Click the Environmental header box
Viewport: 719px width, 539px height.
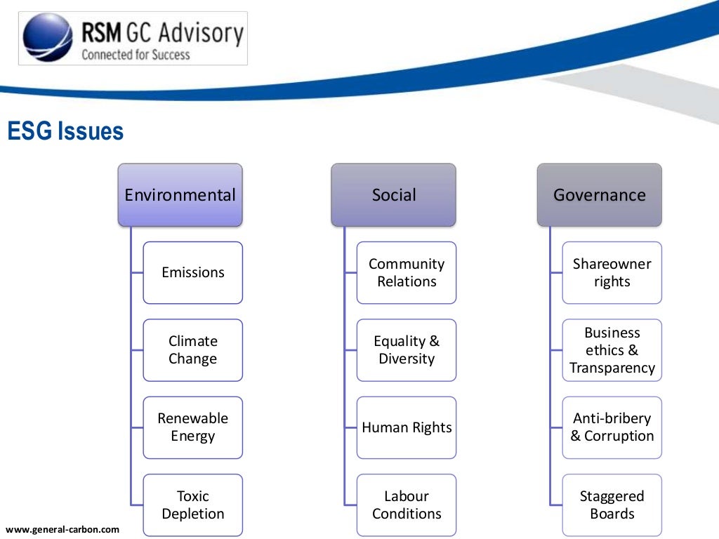(x=180, y=195)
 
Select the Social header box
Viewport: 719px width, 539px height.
(x=393, y=195)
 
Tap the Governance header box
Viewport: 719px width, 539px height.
(x=599, y=195)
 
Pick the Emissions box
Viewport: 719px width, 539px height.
(x=193, y=272)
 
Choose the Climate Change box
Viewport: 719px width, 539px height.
(x=193, y=350)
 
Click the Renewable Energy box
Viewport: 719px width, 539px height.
(x=193, y=427)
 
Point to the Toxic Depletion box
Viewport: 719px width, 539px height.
(x=193, y=505)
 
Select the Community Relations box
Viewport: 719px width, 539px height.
(x=407, y=272)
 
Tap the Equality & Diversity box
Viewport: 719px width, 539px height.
(x=407, y=350)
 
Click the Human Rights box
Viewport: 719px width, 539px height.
(x=407, y=427)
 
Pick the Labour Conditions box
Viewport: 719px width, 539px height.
(x=407, y=505)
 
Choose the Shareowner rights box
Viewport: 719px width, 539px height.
(x=612, y=272)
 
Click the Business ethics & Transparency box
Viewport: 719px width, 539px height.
(x=612, y=350)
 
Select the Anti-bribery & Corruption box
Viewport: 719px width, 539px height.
(x=612, y=427)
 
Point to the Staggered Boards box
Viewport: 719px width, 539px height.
(x=612, y=505)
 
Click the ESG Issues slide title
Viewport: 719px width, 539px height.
(x=65, y=131)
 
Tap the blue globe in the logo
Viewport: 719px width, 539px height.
(x=48, y=38)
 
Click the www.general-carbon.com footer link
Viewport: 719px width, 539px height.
(x=62, y=529)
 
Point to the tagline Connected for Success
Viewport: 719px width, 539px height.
(x=136, y=54)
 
